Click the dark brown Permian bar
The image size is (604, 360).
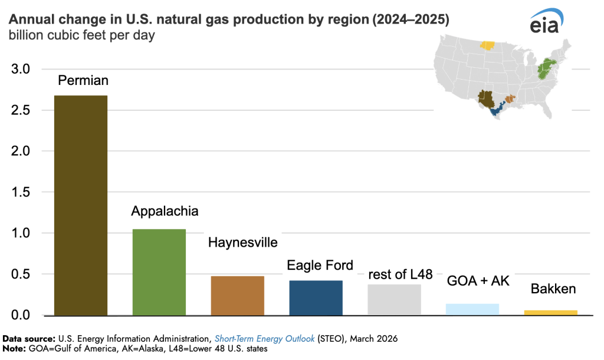point(80,205)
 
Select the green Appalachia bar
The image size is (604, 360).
point(159,272)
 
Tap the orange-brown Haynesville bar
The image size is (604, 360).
point(237,296)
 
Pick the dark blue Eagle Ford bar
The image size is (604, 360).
point(316,297)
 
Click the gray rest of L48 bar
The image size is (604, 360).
point(394,300)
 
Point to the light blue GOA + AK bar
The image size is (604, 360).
point(472,309)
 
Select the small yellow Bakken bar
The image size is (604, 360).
point(551,312)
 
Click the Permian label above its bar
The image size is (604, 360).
point(83,80)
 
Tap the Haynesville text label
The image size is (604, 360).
point(242,243)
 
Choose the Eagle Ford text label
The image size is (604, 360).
point(320,266)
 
